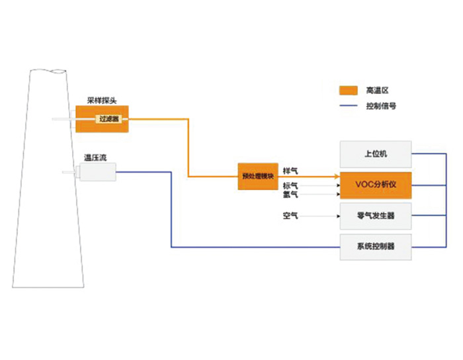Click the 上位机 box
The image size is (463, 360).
[375, 154]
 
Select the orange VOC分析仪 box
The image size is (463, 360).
[375, 185]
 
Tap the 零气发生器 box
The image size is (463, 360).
[375, 216]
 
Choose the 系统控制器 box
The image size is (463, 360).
[375, 246]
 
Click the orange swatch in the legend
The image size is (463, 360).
[349, 90]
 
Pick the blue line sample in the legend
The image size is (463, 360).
[349, 106]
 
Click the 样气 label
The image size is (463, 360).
[290, 171]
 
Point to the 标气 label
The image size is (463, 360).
[290, 185]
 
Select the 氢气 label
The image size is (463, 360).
[290, 195]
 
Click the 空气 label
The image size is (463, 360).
[290, 216]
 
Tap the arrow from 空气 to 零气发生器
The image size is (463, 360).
[321, 216]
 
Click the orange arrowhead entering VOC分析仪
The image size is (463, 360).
[335, 177]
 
